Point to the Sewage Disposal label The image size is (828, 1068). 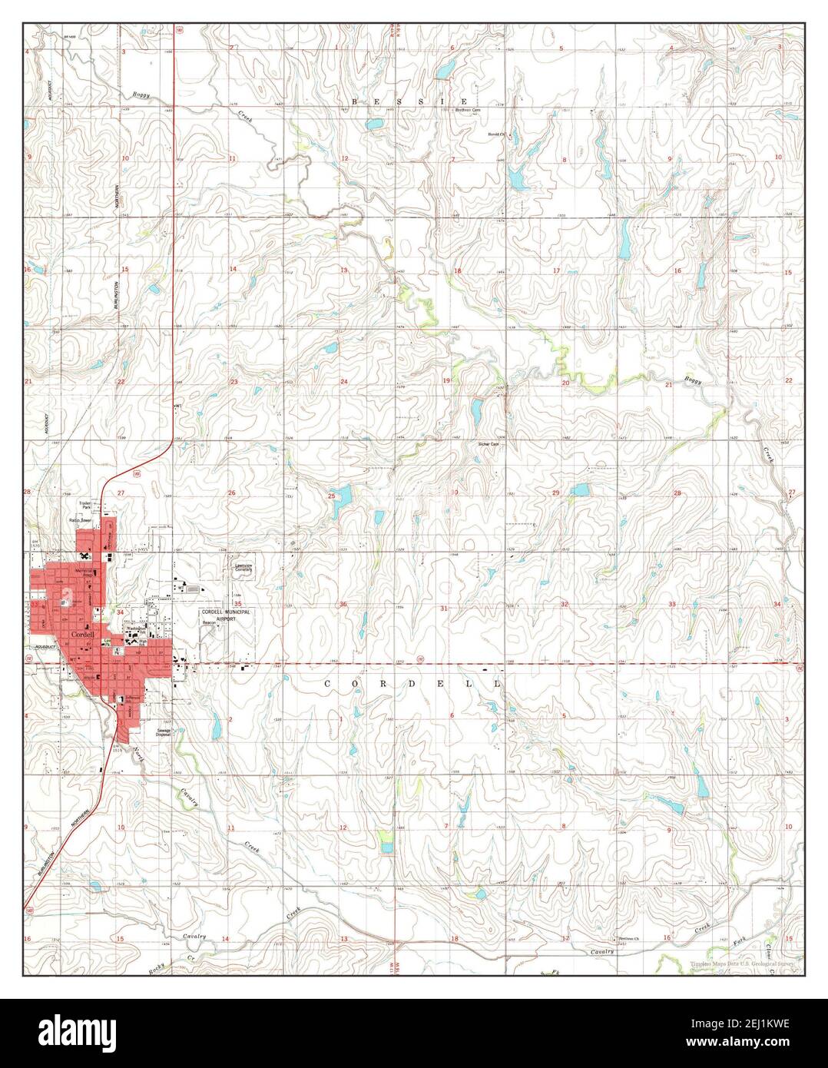163,733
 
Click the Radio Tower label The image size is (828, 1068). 81,520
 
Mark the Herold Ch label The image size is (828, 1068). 494,134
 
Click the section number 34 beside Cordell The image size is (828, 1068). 120,612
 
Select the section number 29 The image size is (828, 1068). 556,492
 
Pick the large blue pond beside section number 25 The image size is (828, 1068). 339,496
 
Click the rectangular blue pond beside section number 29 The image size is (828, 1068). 581,489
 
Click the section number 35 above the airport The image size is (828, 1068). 238,603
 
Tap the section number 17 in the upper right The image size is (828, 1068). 556,271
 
